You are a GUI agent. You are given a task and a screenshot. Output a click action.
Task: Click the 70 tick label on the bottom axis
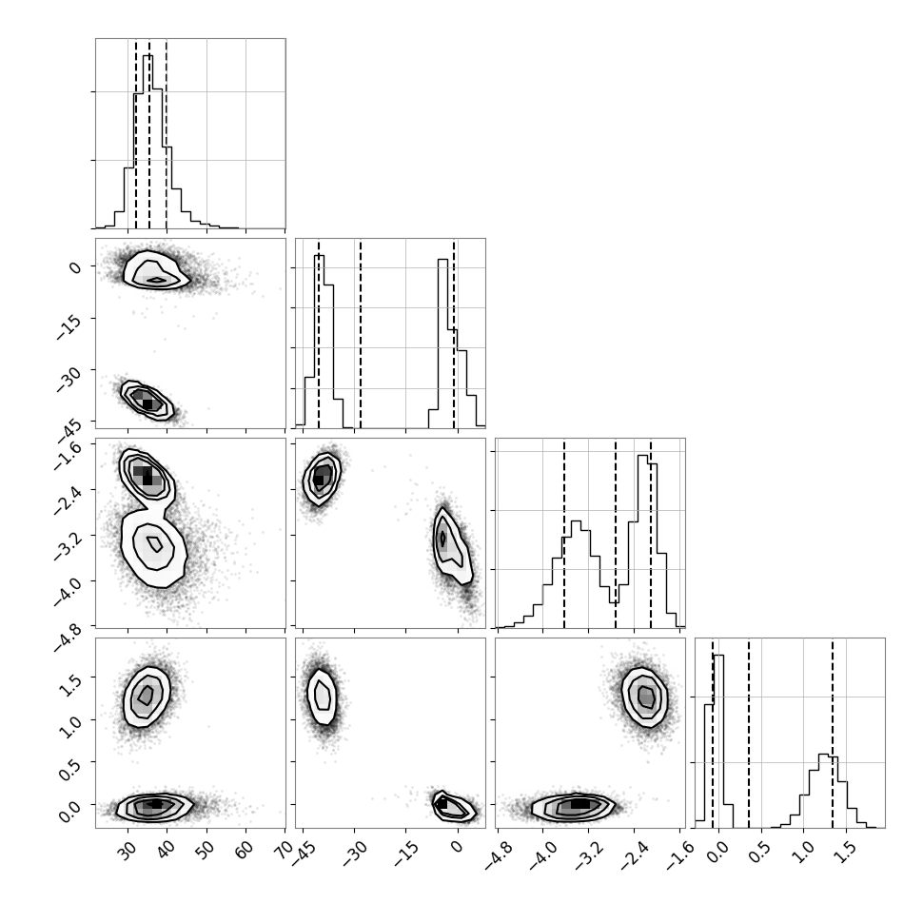tap(284, 850)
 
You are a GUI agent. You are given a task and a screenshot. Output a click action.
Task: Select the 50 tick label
tap(206, 850)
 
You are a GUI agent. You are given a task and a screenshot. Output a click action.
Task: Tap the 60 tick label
tap(245, 850)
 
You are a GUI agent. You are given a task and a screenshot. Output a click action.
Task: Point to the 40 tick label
tap(166, 850)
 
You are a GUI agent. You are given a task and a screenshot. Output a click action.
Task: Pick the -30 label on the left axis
tap(69, 377)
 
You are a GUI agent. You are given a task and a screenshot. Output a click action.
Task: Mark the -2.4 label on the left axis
tap(68, 500)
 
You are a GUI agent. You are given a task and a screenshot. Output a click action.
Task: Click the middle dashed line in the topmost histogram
tap(149, 133)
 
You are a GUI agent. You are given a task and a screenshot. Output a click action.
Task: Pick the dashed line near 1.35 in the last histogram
tap(833, 733)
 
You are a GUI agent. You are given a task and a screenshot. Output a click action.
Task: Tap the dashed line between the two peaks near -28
tap(361, 334)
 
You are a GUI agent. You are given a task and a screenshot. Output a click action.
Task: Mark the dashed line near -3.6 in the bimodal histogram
tap(564, 533)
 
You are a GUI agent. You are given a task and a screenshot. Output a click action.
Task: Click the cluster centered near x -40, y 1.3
tap(322, 697)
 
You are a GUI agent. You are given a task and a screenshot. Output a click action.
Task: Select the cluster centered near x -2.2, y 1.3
tap(645, 697)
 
